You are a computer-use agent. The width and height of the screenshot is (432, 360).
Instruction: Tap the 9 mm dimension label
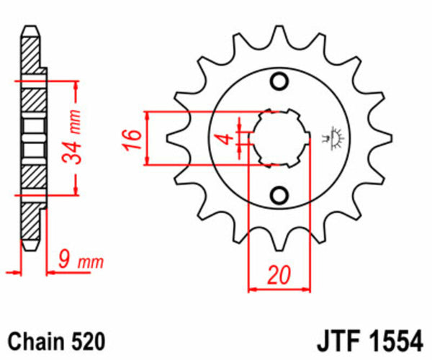point(80,260)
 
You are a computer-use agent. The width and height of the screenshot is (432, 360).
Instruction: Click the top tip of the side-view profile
point(29,29)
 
